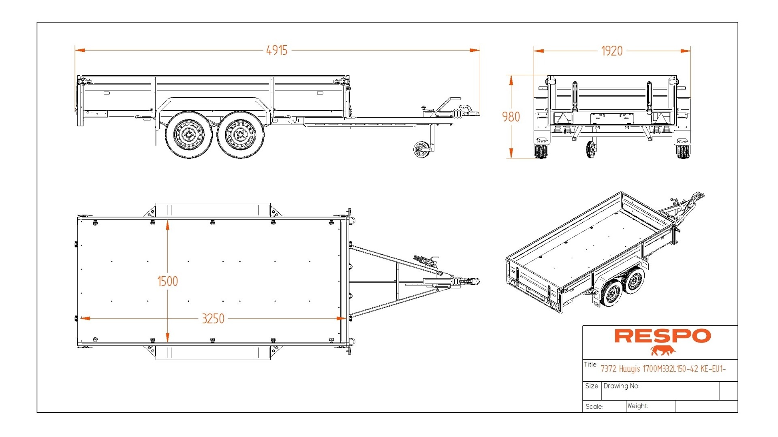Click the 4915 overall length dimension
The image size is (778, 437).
[x=277, y=50]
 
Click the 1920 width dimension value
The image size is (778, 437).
[x=611, y=51]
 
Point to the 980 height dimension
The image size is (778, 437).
[x=511, y=117]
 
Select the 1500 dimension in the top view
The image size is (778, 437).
[x=167, y=281]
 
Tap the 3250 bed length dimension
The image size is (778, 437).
[x=213, y=319]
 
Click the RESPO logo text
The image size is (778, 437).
[x=663, y=336]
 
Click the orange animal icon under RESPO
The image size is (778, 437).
[x=663, y=351]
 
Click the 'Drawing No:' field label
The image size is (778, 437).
[x=621, y=386]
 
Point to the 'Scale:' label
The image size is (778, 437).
[x=594, y=407]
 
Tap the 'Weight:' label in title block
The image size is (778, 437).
[x=637, y=406]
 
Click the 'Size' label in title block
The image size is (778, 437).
[x=592, y=386]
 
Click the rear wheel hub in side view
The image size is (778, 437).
[x=189, y=134]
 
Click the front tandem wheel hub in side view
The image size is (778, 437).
[x=240, y=134]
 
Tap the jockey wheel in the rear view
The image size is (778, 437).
[x=591, y=149]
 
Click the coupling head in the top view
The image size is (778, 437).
[x=474, y=281]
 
